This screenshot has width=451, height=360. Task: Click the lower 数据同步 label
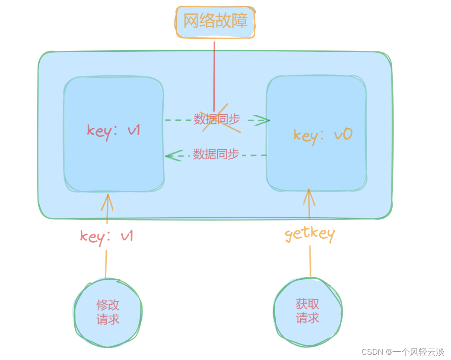[216, 154]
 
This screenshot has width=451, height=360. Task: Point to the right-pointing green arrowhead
[262, 120]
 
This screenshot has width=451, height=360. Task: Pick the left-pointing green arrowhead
[173, 155]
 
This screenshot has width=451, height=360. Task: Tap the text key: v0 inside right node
[323, 135]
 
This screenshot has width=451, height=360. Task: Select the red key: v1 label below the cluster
[106, 236]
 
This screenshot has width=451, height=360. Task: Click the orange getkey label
[310, 234]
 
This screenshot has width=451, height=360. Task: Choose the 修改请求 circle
[108, 312]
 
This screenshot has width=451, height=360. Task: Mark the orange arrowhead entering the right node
[309, 197]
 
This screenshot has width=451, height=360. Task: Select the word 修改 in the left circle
[108, 305]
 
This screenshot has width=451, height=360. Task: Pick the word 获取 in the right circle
[308, 304]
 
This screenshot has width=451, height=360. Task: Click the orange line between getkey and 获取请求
[310, 261]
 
